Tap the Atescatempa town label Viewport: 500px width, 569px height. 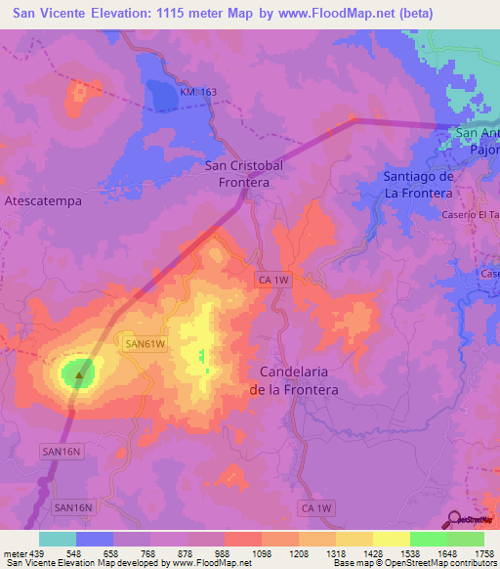43,199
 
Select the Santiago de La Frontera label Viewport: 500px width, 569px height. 417,185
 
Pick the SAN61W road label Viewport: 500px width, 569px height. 146,344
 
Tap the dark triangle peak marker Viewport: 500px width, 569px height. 80,372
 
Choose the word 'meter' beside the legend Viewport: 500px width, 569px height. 14,553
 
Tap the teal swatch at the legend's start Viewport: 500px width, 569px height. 58,539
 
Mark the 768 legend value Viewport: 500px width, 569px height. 149,553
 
